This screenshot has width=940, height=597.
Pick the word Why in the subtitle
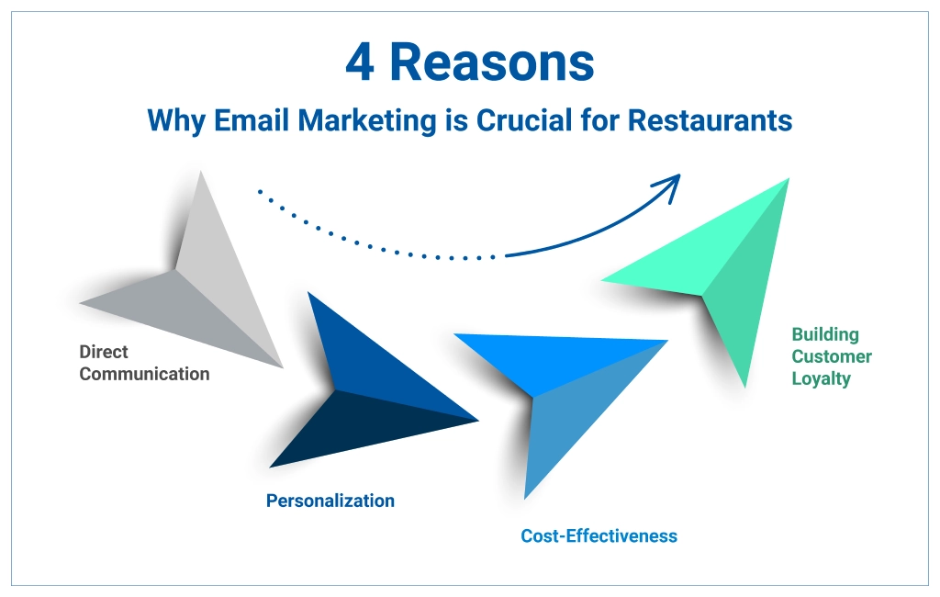tap(175, 120)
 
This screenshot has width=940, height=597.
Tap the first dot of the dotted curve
tap(260, 192)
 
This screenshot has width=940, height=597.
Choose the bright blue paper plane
tap(560, 386)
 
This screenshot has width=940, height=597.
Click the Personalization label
tap(330, 501)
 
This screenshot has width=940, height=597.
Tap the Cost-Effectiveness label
tap(599, 535)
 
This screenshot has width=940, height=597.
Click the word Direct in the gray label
tap(104, 352)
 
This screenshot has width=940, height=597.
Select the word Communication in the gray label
tap(144, 374)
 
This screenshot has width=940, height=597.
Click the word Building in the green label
tap(825, 334)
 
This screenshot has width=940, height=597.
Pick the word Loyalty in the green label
tap(821, 378)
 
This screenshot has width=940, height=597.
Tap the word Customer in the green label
tap(832, 356)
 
